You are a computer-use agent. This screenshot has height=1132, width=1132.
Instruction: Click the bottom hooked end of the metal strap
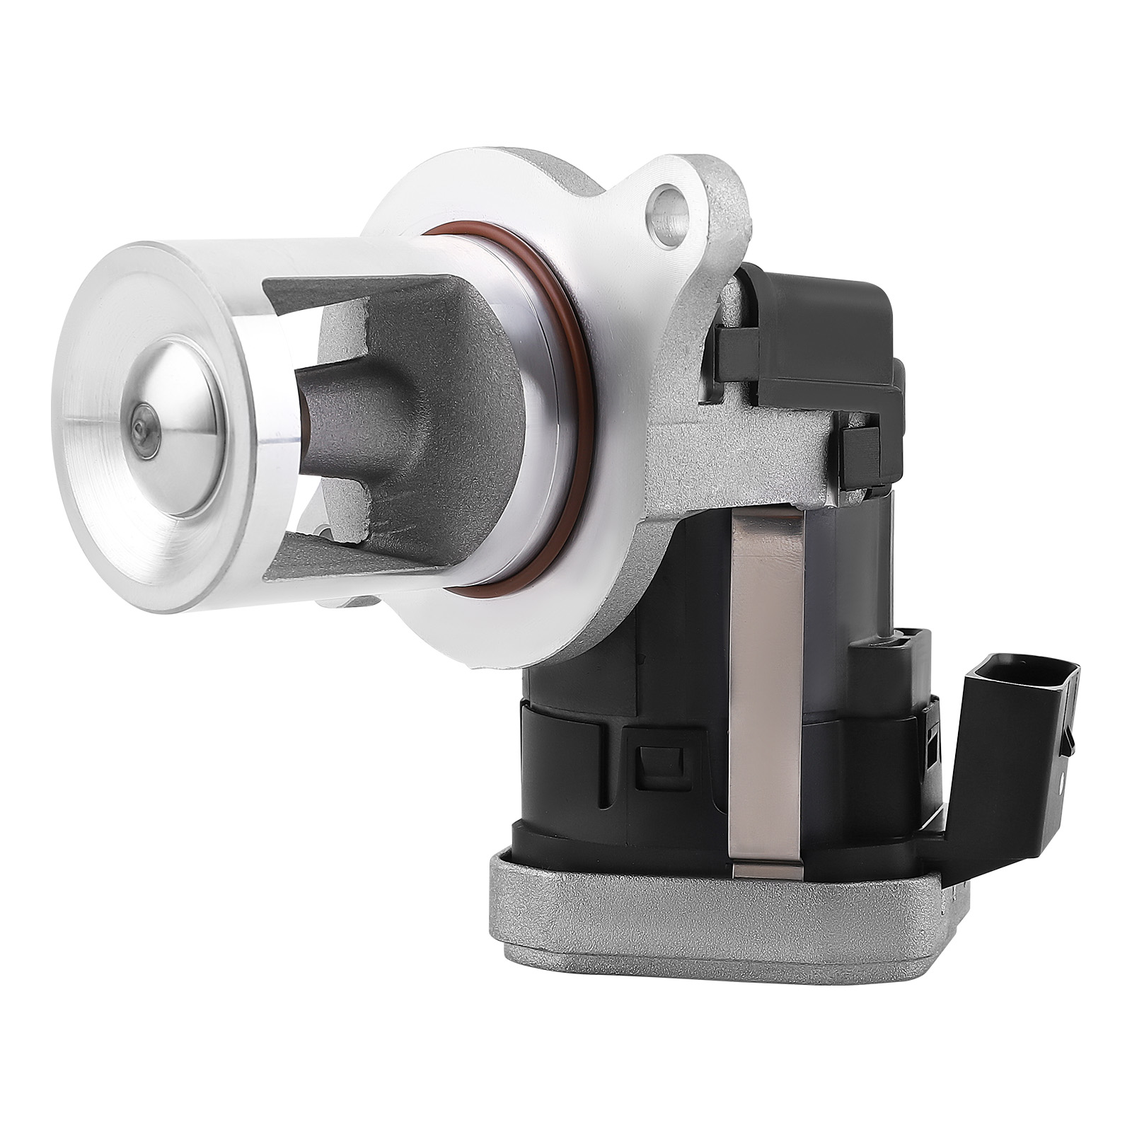768,870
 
